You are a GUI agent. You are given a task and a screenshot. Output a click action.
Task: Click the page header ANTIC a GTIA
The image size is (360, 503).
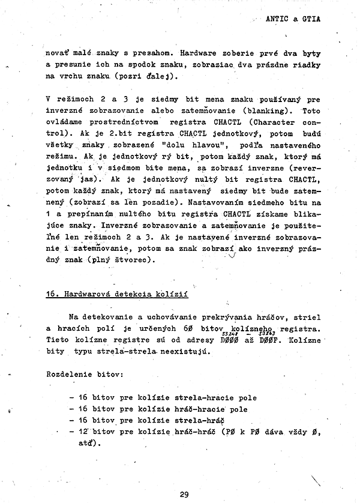(x=293, y=19)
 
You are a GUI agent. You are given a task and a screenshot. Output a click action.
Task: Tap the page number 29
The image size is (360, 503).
(x=184, y=495)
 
